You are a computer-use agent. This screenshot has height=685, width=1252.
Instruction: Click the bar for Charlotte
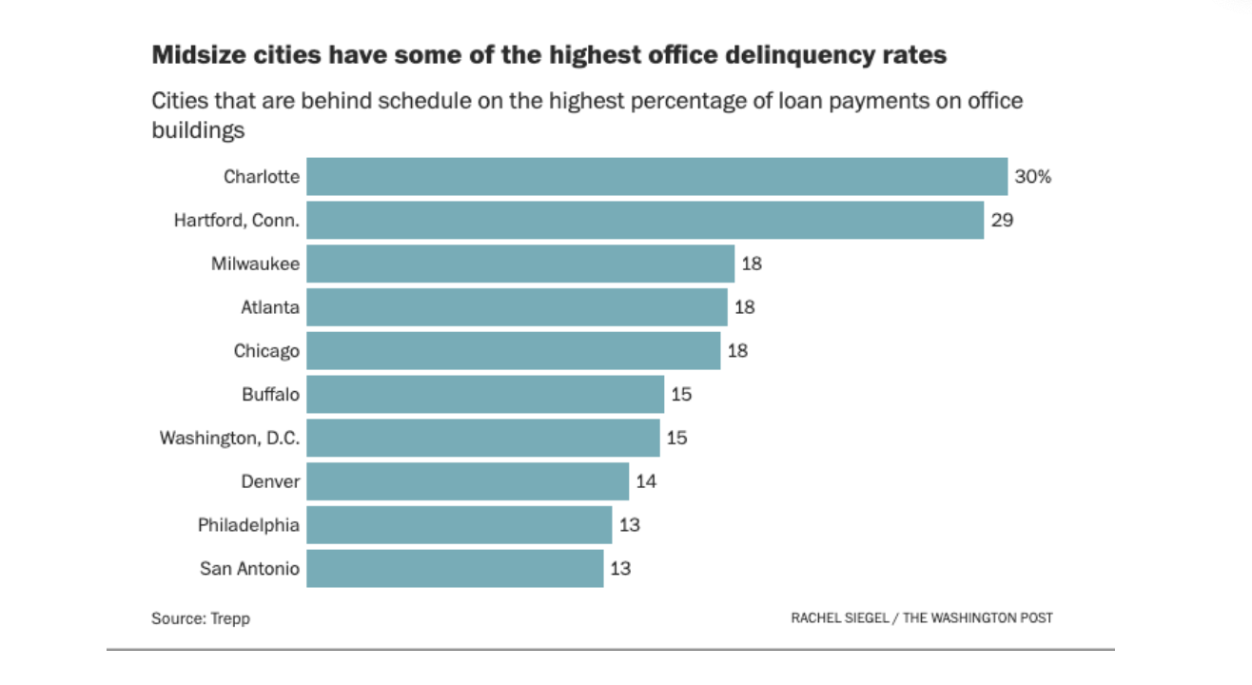[x=656, y=177]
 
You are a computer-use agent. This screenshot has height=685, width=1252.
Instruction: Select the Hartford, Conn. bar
[x=644, y=221]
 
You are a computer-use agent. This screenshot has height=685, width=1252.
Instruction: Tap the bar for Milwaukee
[x=520, y=264]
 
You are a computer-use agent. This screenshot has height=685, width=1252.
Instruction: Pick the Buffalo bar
[x=485, y=394]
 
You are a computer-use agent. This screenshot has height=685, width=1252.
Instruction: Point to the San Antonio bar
[x=455, y=569]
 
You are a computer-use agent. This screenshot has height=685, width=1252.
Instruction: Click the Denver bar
[x=467, y=481]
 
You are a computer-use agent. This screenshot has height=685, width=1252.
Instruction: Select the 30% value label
[x=1033, y=177]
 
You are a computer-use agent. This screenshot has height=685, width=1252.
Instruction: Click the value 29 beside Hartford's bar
[x=1003, y=221]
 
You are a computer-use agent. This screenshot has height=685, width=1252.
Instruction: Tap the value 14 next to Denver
[x=646, y=481]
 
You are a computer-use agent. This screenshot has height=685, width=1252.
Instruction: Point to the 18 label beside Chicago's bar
[x=737, y=351]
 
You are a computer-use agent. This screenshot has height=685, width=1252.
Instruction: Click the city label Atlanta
[x=270, y=307]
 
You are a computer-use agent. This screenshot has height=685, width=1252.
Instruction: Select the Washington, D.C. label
[x=229, y=439]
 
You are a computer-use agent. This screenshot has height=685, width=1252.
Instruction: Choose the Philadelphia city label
[x=248, y=525]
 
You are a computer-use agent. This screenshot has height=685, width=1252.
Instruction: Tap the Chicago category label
[x=266, y=351]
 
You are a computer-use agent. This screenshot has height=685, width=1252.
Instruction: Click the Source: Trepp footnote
[x=200, y=618]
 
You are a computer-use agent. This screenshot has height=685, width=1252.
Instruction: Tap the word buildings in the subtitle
[x=198, y=130]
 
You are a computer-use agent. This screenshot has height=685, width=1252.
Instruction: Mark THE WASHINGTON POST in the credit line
[x=978, y=618]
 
